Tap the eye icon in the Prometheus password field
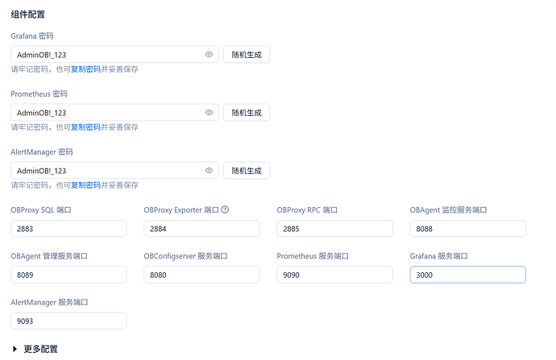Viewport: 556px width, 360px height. [210, 112]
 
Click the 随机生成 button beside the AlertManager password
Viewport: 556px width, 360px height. [247, 171]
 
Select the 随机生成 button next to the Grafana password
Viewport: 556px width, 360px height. [247, 55]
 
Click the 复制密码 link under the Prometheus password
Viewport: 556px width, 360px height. [85, 127]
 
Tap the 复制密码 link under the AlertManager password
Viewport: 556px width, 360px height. [85, 185]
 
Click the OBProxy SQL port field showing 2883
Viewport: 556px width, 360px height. [68, 229]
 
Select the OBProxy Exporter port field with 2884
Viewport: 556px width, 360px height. [201, 229]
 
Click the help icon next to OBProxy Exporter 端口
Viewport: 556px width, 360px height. [225, 209]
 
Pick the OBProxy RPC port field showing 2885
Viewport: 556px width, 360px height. [334, 229]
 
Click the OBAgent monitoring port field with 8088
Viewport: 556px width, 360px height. [467, 229]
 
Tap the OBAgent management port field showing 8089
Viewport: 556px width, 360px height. [68, 275]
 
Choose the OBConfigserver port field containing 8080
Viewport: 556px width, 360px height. [201, 275]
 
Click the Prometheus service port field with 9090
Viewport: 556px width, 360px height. [334, 275]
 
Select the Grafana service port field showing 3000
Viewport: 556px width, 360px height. [467, 275]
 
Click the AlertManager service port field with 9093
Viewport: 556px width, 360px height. [68, 321]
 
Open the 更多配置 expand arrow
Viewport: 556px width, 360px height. [15, 349]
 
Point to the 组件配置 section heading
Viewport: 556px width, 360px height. [27, 14]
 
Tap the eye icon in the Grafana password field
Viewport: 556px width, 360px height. [210, 55]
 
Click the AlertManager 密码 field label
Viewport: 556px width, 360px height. [42, 152]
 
